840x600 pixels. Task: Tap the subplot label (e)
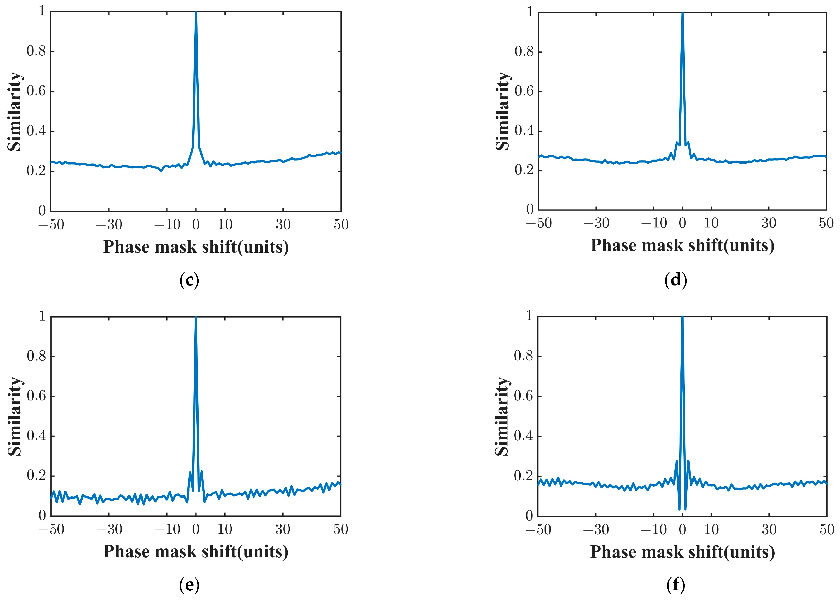(189, 585)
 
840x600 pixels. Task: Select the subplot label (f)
(676, 585)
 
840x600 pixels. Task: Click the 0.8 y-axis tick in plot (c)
(36, 51)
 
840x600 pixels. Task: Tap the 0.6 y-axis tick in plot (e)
(36, 396)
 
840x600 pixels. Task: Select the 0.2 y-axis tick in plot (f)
(523, 476)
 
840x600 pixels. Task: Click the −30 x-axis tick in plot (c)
(109, 224)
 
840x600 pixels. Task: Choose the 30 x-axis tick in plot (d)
(769, 223)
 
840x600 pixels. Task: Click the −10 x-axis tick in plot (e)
(167, 529)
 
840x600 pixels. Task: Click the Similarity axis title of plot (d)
(502, 111)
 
